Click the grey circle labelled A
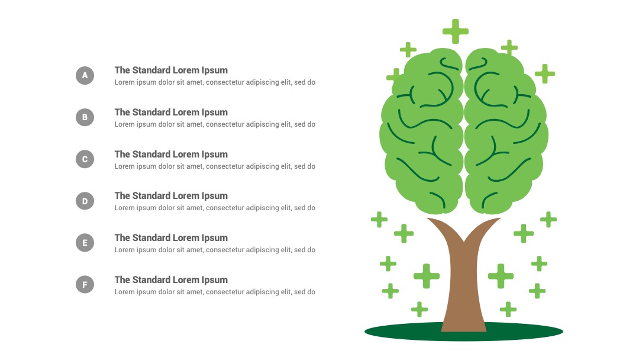[x=85, y=75]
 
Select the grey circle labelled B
[x=85, y=117]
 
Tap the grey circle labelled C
[x=85, y=159]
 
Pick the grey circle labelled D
[x=85, y=201]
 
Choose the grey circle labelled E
[x=85, y=243]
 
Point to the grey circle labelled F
[x=85, y=285]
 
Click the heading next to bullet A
[x=171, y=70]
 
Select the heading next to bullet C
[x=171, y=155]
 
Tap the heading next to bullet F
[x=171, y=280]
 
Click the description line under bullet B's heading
[x=215, y=124]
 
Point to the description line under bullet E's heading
[x=215, y=250]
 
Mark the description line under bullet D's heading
[x=215, y=208]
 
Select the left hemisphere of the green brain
[x=422, y=130]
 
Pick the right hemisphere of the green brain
[x=506, y=130]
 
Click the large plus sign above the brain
[x=456, y=31]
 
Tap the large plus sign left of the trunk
[x=427, y=276]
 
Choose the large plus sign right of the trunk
[x=501, y=276]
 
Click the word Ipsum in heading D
[x=215, y=196]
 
